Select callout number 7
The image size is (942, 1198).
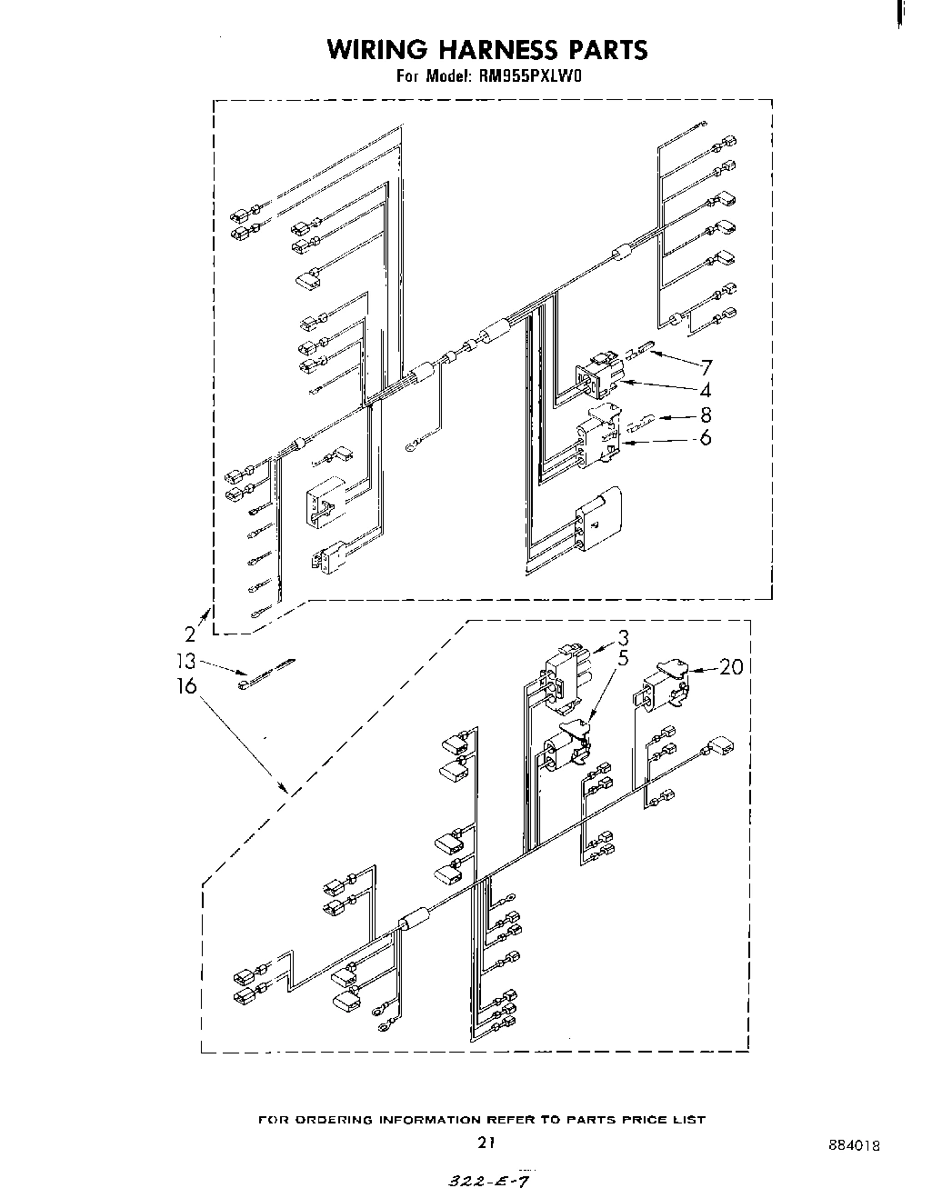click(x=706, y=367)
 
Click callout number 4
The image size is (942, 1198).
click(x=706, y=391)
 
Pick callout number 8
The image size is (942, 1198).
click(x=706, y=416)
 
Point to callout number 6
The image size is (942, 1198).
click(x=706, y=439)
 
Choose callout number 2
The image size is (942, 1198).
click(x=189, y=634)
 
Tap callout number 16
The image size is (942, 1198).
click(x=185, y=685)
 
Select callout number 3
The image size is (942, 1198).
click(x=623, y=637)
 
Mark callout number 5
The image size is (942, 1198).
click(x=623, y=659)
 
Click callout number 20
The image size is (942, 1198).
click(x=731, y=667)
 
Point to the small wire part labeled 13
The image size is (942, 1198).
click(x=266, y=673)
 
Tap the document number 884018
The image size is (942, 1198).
click(x=854, y=1146)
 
